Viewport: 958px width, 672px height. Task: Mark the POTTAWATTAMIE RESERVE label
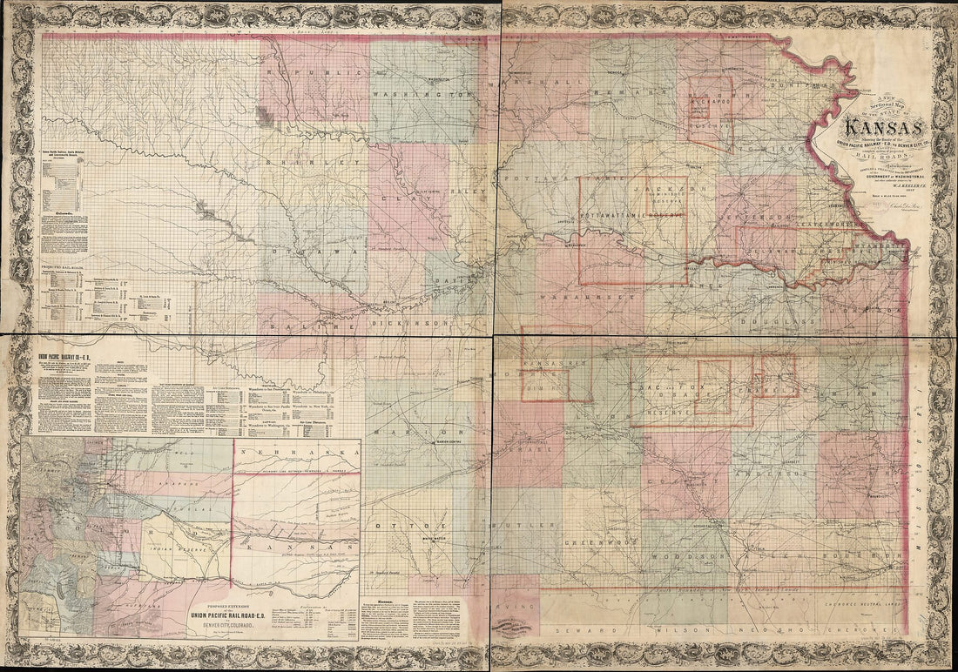tap(632, 212)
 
